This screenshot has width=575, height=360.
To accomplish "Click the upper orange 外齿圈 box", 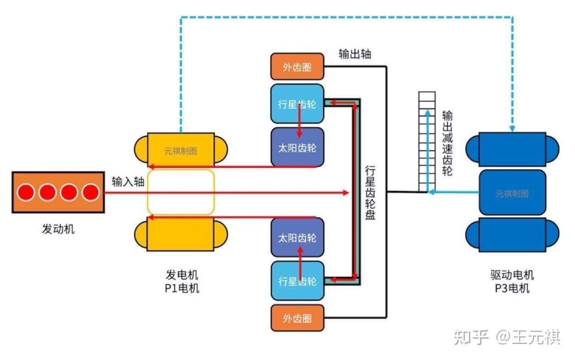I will point(297,67).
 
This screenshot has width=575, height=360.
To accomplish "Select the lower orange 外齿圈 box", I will point(297,318).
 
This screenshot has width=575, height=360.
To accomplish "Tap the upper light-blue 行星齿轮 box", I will point(297,104).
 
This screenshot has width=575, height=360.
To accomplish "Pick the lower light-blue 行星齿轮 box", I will point(297,280).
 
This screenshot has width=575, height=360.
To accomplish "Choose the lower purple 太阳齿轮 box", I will point(297,237).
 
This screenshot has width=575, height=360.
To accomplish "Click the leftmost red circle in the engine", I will point(26,193).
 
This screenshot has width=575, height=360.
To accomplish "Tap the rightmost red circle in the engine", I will point(90,193).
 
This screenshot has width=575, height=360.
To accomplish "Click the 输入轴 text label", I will point(128,182).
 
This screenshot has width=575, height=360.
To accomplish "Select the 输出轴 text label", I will point(355,54).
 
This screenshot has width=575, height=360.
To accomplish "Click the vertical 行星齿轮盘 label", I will point(370,193).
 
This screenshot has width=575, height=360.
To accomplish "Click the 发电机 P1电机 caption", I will point(182,281).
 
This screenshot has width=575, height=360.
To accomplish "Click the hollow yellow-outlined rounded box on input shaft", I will point(181,192).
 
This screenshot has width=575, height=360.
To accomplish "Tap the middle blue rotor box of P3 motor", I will point(512,193).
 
